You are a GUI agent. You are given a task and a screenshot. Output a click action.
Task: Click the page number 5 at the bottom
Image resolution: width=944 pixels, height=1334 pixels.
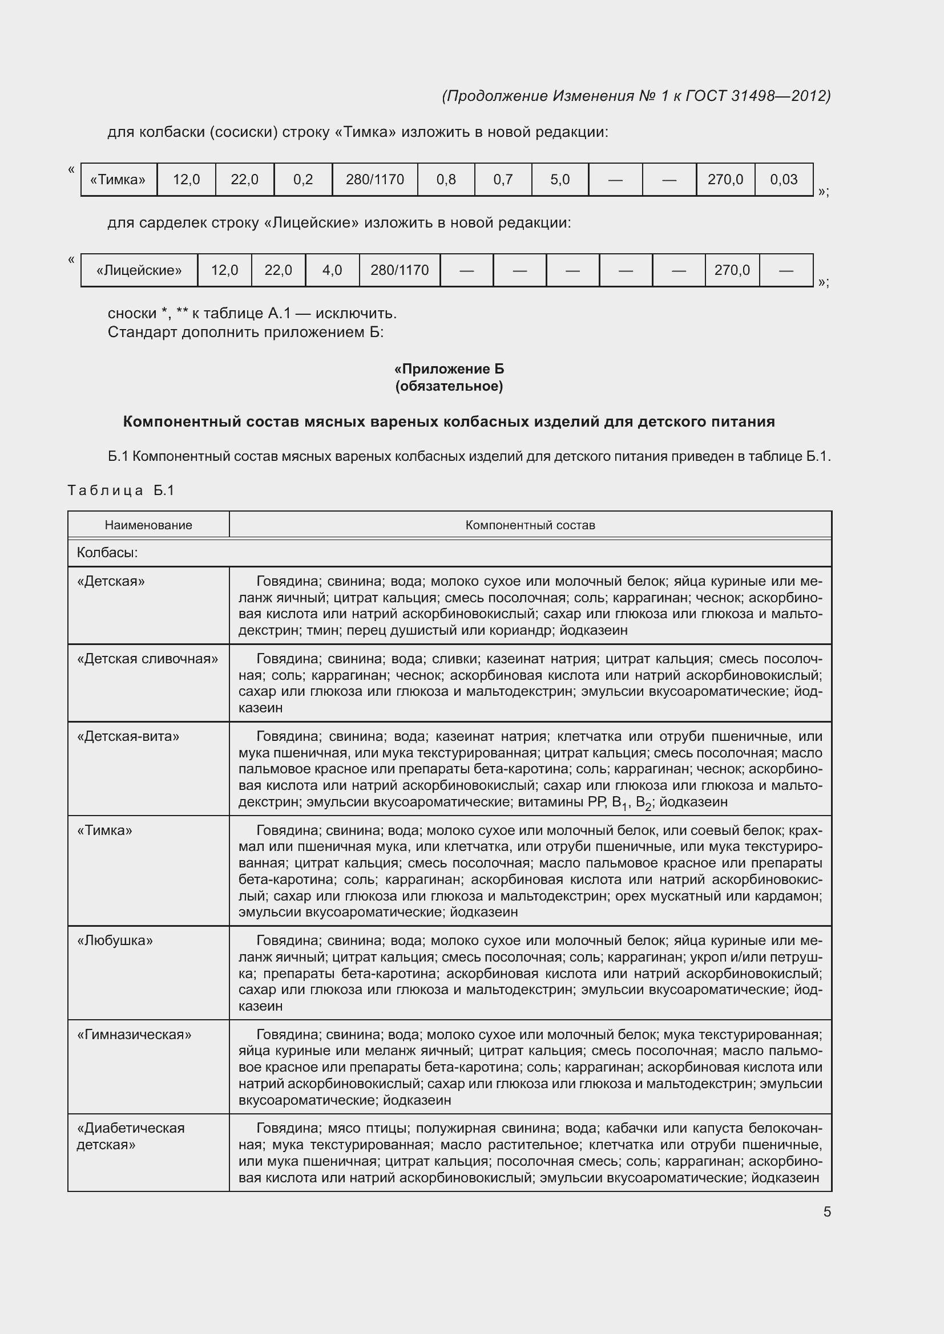(826, 1211)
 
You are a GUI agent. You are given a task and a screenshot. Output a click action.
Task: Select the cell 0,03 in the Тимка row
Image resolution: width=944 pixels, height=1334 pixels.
(783, 180)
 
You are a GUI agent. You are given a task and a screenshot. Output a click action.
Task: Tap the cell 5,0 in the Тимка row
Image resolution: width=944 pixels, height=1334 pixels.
(560, 180)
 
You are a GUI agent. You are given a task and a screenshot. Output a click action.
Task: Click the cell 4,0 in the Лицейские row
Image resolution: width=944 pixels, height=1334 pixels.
(332, 270)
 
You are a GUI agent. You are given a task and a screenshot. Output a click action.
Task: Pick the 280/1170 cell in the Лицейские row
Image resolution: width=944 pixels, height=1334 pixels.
(400, 270)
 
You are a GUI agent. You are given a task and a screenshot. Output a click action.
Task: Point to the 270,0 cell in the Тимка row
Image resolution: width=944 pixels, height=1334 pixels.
(725, 180)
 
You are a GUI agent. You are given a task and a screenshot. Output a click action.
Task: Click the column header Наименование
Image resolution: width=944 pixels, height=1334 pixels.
(148, 525)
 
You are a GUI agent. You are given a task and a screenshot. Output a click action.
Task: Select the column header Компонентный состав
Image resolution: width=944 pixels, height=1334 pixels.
(530, 525)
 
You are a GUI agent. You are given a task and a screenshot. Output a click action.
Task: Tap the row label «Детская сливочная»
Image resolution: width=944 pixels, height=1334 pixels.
(148, 659)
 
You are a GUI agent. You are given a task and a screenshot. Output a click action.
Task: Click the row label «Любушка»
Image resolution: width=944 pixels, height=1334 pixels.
(115, 940)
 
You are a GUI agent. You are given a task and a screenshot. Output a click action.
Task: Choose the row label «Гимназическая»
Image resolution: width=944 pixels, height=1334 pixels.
(134, 1035)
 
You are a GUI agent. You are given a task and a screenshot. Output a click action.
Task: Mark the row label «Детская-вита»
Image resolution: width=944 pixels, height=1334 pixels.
(128, 737)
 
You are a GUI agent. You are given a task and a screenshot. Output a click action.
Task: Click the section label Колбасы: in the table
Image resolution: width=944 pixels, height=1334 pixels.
(107, 553)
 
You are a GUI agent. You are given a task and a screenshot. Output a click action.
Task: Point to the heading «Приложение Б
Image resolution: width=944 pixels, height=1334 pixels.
(449, 369)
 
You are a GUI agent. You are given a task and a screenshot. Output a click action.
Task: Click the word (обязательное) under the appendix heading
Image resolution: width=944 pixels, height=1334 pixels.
(449, 386)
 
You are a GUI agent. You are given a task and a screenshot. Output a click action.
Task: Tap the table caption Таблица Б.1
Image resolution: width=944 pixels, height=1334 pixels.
(121, 490)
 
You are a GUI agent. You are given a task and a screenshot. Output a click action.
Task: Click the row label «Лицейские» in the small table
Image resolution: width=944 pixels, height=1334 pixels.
(139, 270)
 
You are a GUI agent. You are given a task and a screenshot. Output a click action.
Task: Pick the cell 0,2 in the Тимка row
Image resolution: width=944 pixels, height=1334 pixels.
(303, 180)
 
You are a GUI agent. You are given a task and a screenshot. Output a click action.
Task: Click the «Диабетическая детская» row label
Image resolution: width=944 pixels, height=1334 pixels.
(131, 1137)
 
